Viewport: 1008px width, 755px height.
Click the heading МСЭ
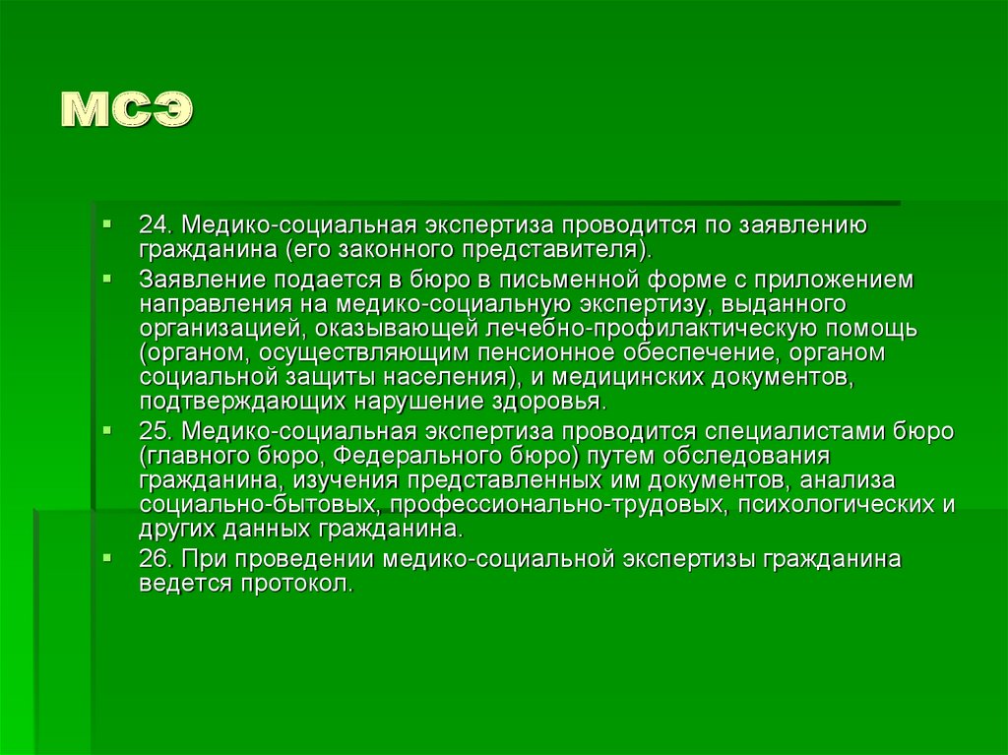(127, 109)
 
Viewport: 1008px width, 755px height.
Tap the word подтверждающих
(244, 402)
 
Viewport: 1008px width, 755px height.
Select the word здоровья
(549, 402)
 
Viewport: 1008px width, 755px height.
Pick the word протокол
(297, 584)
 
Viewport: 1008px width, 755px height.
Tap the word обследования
(746, 456)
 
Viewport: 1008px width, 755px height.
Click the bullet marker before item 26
(106, 557)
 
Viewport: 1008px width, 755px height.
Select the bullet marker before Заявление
(106, 280)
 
